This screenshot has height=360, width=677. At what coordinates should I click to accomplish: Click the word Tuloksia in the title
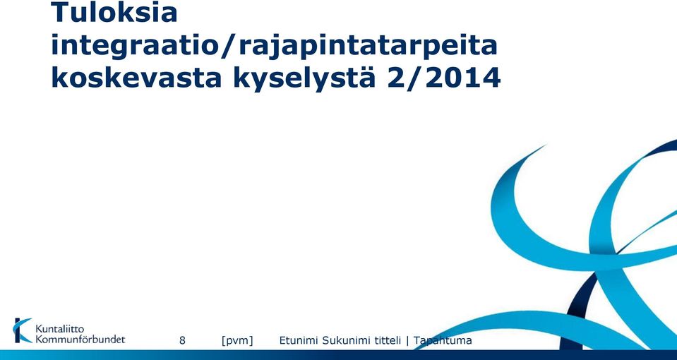click(x=114, y=12)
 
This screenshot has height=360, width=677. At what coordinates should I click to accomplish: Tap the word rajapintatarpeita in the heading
click(x=368, y=47)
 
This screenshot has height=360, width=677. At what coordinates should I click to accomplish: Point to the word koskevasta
click(x=136, y=77)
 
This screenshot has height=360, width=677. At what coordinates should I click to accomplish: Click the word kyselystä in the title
click(x=304, y=79)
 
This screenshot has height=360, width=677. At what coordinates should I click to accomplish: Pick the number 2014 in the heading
click(x=463, y=78)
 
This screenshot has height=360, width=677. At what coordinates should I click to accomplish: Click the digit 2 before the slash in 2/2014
click(x=397, y=78)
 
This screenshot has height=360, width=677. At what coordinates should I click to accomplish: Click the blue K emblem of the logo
click(x=23, y=330)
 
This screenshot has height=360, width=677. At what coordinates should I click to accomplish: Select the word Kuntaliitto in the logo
click(x=59, y=330)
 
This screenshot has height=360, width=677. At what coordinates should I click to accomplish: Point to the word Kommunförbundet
click(x=80, y=340)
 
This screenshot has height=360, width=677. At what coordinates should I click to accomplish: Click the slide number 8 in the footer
click(x=182, y=340)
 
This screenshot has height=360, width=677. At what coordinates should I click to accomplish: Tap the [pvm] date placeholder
click(x=237, y=340)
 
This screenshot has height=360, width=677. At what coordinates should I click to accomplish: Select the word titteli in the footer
click(x=388, y=340)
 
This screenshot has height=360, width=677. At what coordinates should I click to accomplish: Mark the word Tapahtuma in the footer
click(x=443, y=340)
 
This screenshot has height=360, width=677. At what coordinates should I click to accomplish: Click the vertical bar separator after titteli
click(x=407, y=341)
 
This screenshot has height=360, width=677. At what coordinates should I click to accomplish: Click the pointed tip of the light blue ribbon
click(x=545, y=146)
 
